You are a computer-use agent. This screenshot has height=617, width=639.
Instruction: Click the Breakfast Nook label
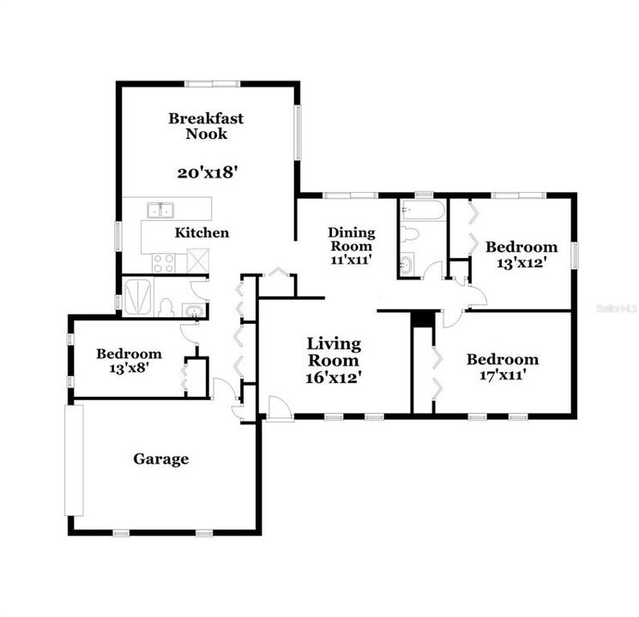(x=205, y=126)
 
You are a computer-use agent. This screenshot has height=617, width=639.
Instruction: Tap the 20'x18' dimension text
(x=206, y=171)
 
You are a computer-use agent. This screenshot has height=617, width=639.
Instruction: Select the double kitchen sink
(x=160, y=210)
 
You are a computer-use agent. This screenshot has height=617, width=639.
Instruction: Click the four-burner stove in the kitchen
(x=163, y=263)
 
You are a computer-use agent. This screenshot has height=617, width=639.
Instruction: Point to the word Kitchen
(x=202, y=232)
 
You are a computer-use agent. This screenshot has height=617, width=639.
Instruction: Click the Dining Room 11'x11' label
(x=352, y=245)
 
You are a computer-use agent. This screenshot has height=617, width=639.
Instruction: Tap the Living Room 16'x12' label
(x=334, y=359)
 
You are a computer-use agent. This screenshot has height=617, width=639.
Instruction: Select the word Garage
(x=160, y=459)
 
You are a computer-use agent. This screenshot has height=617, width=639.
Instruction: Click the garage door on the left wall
(x=75, y=460)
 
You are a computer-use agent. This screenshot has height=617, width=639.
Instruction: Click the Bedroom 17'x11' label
(x=503, y=366)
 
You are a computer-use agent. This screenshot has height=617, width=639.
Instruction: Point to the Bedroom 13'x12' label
(x=521, y=255)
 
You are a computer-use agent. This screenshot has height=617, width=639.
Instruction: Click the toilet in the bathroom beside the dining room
(x=409, y=234)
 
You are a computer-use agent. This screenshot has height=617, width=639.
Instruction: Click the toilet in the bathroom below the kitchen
(x=166, y=306)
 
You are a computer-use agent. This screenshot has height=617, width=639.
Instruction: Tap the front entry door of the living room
(x=279, y=408)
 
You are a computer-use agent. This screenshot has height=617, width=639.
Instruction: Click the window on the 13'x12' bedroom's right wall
(x=575, y=255)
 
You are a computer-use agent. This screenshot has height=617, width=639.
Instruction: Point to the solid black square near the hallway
(x=420, y=318)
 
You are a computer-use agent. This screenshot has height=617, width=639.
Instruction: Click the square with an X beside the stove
(x=198, y=260)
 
